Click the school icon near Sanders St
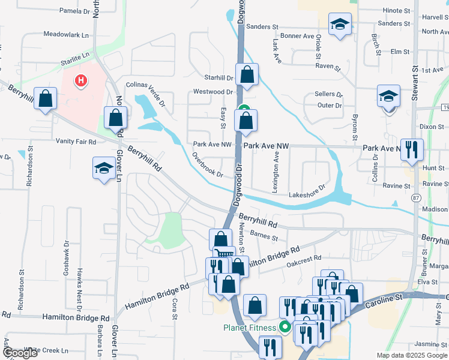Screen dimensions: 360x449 pyautogui.click(x=340, y=25)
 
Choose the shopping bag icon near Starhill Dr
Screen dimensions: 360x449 pyautogui.click(x=247, y=74)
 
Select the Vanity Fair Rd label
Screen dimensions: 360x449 pyautogui.click(x=76, y=142)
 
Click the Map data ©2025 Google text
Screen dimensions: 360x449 pyautogui.click(x=411, y=355)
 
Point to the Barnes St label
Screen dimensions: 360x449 pyautogui.click(x=265, y=237)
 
